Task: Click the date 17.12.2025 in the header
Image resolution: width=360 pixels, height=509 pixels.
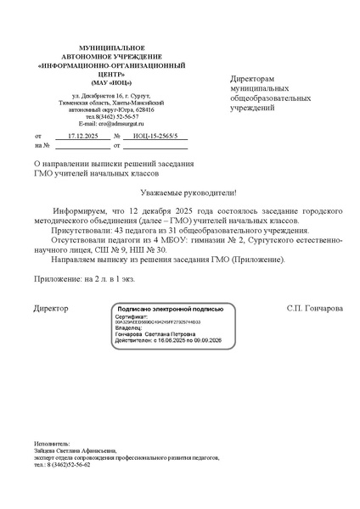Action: [x=82, y=136]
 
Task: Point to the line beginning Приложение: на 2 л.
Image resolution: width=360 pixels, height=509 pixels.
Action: [x=84, y=277]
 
